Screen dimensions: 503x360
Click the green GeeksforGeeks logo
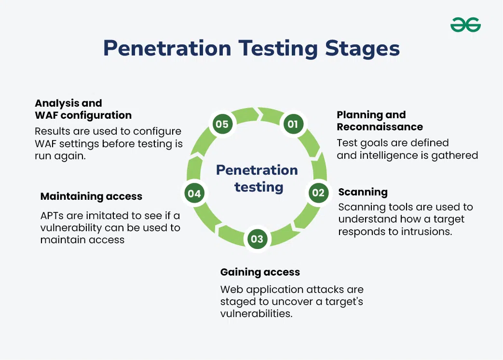(x=465, y=25)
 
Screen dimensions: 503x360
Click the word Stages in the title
(x=362, y=48)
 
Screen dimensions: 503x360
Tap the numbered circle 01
(x=293, y=124)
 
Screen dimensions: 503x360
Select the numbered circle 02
(x=318, y=193)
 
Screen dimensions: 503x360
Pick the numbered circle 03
(x=257, y=239)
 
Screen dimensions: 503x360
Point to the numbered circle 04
(x=194, y=194)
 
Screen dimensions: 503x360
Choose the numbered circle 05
(x=222, y=124)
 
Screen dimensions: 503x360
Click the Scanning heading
(x=363, y=192)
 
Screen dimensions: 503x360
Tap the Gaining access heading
(x=260, y=272)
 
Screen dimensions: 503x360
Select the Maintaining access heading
(x=92, y=196)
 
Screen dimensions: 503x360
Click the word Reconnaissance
(x=380, y=127)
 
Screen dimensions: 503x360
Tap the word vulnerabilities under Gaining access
(x=256, y=314)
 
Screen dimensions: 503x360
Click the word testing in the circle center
(x=259, y=187)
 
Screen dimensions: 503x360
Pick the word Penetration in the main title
(x=167, y=48)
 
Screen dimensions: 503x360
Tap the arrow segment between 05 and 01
(x=258, y=114)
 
